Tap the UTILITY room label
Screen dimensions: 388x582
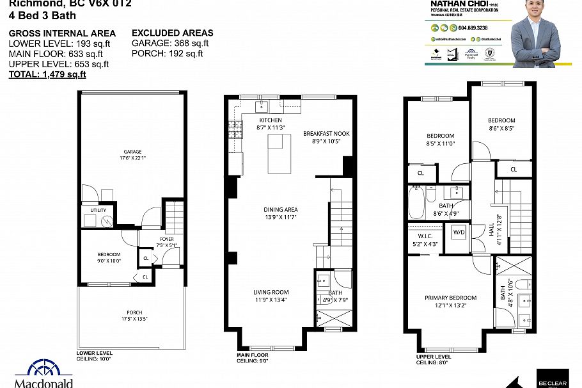98,209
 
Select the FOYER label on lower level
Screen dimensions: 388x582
166,239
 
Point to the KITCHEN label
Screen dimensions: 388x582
270,120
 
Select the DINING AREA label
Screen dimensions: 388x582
281,209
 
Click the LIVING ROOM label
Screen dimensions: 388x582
271,292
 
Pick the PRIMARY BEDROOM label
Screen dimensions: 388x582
451,298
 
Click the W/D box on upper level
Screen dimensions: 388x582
459,232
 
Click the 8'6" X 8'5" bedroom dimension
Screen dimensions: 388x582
501,128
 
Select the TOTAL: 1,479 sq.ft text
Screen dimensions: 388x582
47,75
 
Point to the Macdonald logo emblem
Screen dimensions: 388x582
44,370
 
